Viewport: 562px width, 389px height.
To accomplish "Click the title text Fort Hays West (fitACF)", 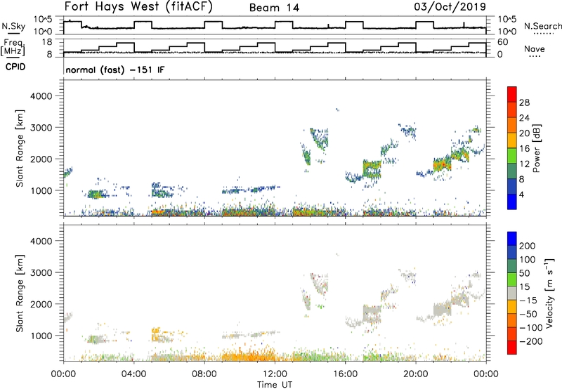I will click(138, 8).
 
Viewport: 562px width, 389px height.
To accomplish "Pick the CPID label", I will click(16, 68).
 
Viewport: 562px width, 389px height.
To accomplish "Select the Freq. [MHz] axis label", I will click(12, 48).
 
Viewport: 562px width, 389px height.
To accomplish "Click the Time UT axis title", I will click(275, 383).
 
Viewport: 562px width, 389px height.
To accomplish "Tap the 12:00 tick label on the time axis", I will click(275, 372).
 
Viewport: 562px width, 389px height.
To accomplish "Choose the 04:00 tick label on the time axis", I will click(133, 372).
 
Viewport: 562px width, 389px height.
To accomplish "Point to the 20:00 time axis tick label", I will click(416, 372).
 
